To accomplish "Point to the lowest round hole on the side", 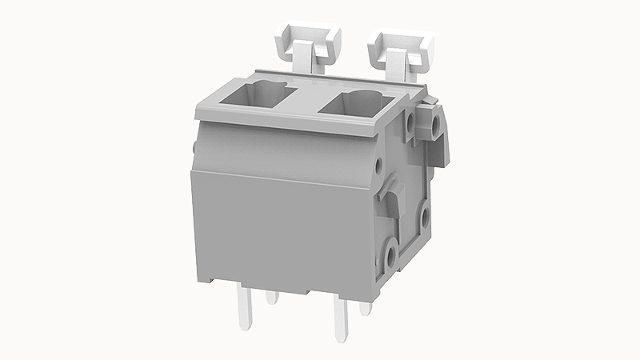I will (x=389, y=254).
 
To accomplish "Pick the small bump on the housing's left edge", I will (x=194, y=146).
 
